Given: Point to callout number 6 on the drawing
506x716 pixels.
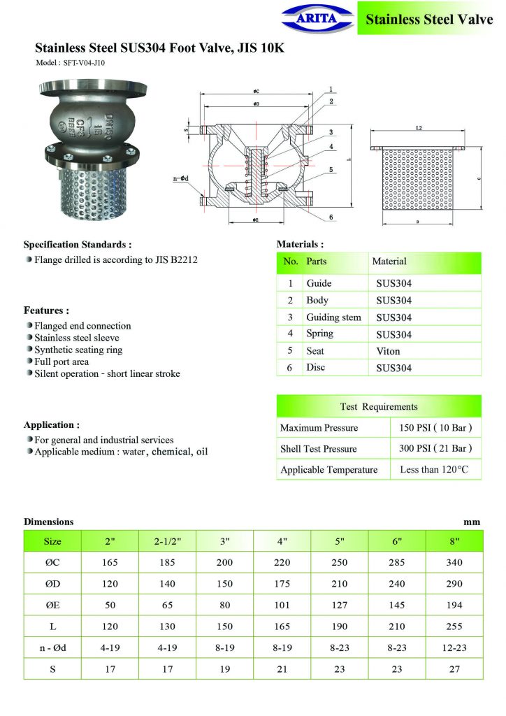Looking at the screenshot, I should point(330,217).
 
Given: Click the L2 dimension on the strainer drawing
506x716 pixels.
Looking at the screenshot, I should point(419,129).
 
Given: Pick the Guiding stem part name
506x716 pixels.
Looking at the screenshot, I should point(333,317).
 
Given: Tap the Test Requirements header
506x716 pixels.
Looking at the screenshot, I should point(379,406).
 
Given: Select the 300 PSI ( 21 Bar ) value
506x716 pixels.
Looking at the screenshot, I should point(435,448).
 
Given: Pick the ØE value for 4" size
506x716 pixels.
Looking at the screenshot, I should point(282,605).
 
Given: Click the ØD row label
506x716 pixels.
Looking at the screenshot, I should point(52,584).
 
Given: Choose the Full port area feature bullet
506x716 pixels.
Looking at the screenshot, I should point(62,361).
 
